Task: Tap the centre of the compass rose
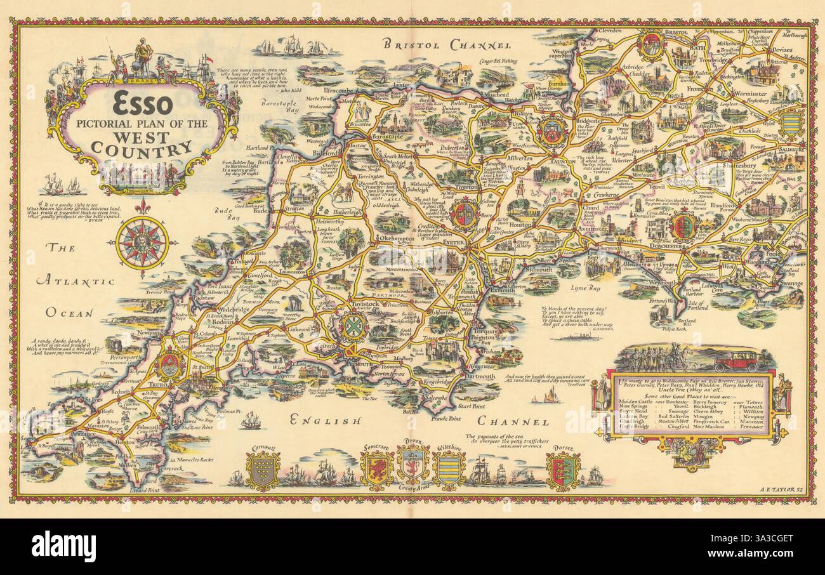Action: tap(142, 241)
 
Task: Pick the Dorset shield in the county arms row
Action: tap(563, 470)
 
